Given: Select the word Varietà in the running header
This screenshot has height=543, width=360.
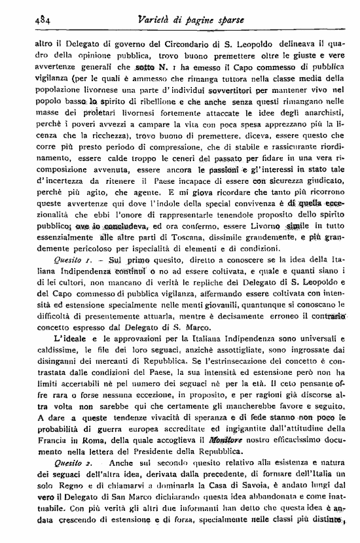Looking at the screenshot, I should coord(139,19).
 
